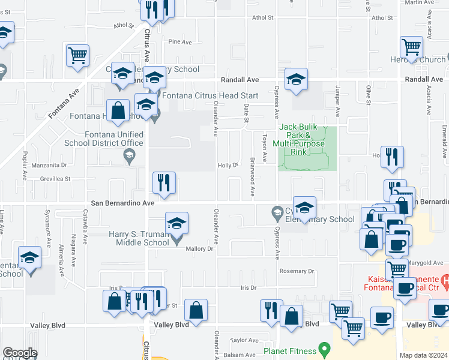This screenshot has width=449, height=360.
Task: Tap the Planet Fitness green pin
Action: [325, 349]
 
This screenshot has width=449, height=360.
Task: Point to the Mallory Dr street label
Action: [200, 248]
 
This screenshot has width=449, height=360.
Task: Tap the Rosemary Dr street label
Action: [297, 271]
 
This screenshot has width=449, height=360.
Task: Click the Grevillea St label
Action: [56, 179]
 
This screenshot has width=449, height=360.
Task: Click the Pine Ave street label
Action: [180, 42]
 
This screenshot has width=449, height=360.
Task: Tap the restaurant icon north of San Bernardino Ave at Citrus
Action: [164, 184]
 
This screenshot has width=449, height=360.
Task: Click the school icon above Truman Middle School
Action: [176, 224]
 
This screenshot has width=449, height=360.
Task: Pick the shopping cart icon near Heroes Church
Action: [412, 46]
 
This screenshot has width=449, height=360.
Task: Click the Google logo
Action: [20, 353]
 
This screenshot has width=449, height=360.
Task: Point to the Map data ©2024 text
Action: [423, 355]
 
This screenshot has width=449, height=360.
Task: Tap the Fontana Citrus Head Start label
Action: [210, 96]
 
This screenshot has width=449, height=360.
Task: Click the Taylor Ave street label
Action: [244, 340]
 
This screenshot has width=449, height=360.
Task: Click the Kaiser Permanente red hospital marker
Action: [445, 280]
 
